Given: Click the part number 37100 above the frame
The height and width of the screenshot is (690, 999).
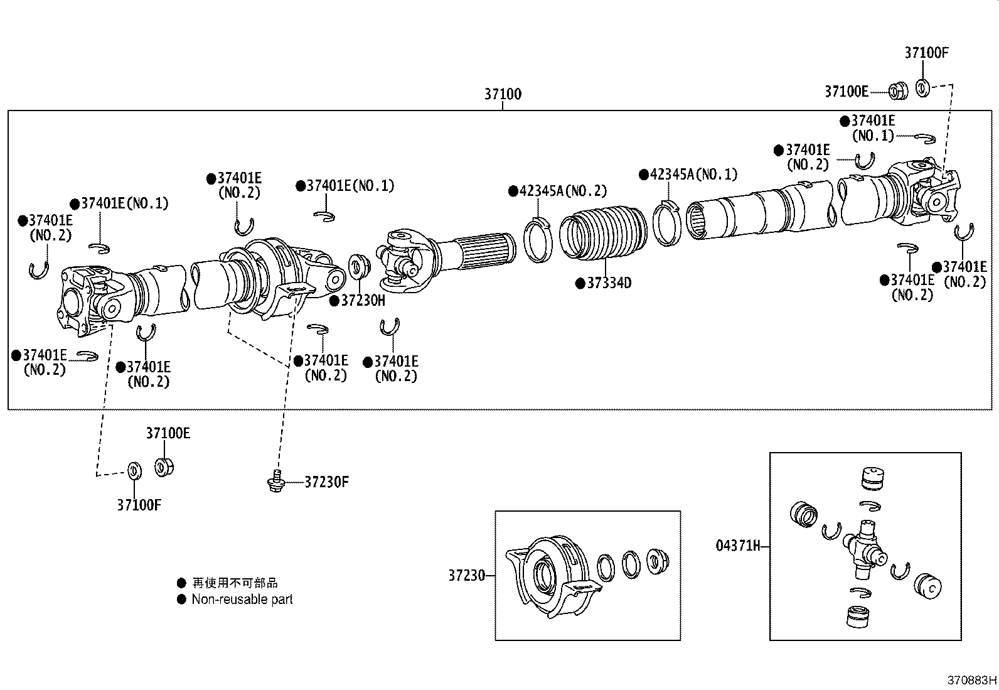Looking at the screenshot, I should click(x=502, y=94).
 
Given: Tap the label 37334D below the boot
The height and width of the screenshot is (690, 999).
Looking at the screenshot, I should click(x=608, y=283).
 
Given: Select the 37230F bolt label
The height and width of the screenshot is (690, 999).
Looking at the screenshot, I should click(x=326, y=482).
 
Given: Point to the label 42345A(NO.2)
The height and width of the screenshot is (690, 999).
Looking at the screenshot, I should click(x=562, y=191).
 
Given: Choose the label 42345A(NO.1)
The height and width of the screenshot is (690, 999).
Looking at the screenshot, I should click(x=693, y=174).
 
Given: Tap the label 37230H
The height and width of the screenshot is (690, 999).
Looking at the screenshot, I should click(x=362, y=301).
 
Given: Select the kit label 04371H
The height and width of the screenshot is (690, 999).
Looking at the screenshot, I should click(x=738, y=546).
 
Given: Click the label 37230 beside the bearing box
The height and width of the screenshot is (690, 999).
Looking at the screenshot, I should click(x=466, y=575).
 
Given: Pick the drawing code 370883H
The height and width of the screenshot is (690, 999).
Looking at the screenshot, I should click(x=971, y=680).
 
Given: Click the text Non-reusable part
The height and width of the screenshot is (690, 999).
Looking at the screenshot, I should click(x=242, y=600).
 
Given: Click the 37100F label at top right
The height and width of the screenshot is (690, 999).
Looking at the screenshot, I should click(x=926, y=53).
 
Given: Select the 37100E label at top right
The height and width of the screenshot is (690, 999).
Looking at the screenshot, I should click(x=846, y=92).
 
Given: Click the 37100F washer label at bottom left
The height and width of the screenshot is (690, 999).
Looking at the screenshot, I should click(x=139, y=505).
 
